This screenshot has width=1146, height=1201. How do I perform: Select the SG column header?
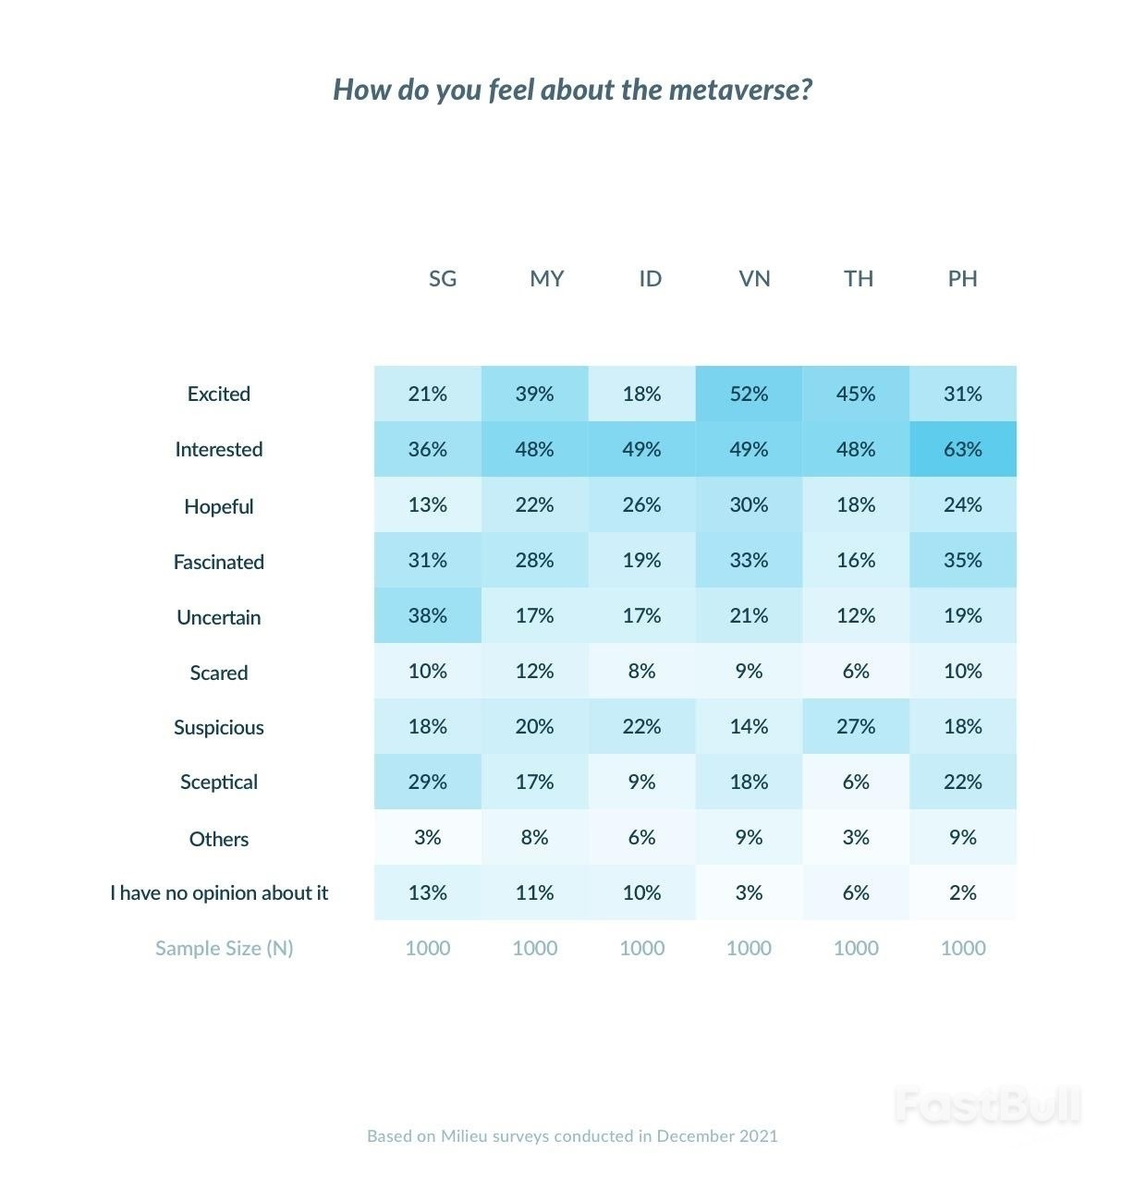click(x=443, y=279)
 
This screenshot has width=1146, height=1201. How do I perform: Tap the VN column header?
click(x=754, y=279)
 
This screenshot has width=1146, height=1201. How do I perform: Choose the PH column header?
click(x=962, y=279)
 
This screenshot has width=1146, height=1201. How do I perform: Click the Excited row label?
click(x=219, y=394)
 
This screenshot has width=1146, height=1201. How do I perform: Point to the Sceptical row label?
click(x=219, y=782)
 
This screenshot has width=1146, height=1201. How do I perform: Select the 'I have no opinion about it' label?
click(x=219, y=893)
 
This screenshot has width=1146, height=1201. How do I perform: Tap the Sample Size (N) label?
click(x=224, y=949)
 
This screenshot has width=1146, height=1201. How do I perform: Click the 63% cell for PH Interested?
click(x=962, y=450)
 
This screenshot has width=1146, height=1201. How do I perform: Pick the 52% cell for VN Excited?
click(x=749, y=394)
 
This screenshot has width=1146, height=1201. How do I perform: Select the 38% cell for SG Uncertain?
click(x=428, y=616)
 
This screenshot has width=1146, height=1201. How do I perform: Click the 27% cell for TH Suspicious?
click(x=856, y=727)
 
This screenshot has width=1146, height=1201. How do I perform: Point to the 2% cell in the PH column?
click(x=962, y=893)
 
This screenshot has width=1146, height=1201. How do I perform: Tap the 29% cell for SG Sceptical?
click(x=428, y=782)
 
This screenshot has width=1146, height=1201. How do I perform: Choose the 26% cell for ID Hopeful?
click(x=641, y=505)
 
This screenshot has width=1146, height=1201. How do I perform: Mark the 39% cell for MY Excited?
click(x=534, y=394)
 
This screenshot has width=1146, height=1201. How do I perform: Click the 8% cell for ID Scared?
click(x=641, y=672)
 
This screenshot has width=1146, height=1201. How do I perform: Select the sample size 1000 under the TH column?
click(x=856, y=949)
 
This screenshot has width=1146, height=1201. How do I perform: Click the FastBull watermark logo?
click(x=987, y=1105)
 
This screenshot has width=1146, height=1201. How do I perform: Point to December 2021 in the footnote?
click(x=717, y=1136)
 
